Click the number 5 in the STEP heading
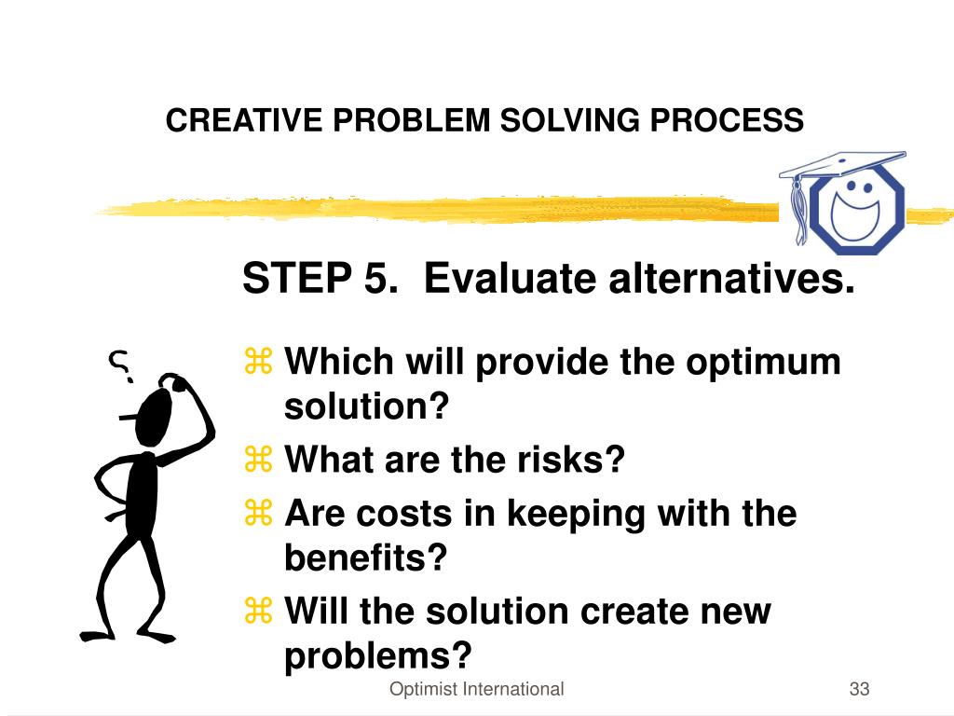[375, 278]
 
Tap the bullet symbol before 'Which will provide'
[257, 361]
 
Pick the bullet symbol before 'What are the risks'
[257, 460]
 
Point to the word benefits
[365, 558]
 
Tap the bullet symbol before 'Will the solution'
[257, 612]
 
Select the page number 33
[859, 690]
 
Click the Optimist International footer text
[476, 690]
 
